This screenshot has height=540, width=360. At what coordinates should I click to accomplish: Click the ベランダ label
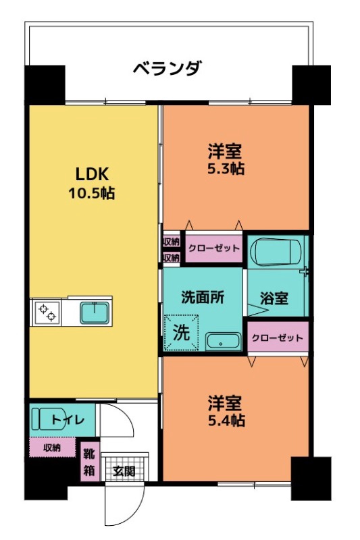(x=166, y=68)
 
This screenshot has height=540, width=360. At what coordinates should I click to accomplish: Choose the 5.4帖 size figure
(x=225, y=421)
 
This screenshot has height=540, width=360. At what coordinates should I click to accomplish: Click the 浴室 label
(x=275, y=298)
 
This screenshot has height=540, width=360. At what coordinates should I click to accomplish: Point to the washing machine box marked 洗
(x=182, y=332)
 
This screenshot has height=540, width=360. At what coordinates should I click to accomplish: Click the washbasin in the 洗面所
(x=223, y=341)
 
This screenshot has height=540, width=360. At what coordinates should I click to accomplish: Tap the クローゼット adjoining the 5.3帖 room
(x=213, y=248)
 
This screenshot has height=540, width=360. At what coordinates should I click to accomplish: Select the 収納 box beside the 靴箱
(x=52, y=448)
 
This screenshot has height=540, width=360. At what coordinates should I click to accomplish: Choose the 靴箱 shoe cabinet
(x=88, y=462)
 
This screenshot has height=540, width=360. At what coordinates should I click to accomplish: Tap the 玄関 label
(x=124, y=470)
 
